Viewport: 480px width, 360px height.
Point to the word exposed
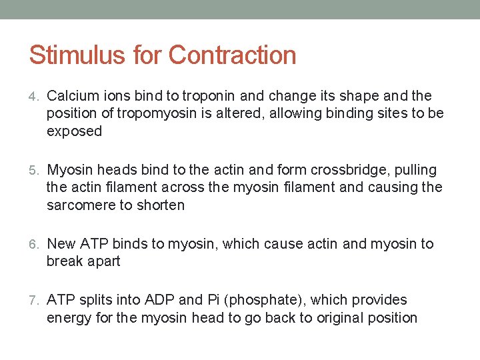(74, 132)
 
